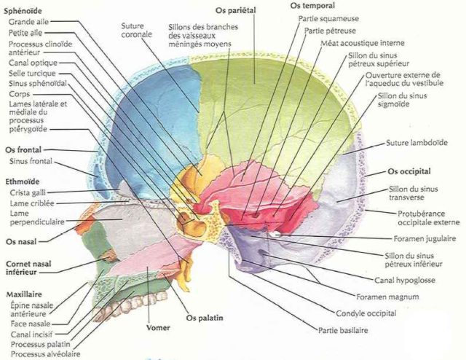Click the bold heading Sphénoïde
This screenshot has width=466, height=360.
(23, 11)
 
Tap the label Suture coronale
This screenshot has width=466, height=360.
(136, 30)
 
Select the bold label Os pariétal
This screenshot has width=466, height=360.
(236, 10)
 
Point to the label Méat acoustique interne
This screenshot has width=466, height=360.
(363, 43)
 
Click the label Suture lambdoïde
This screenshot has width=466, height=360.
(416, 143)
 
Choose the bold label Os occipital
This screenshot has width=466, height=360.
(409, 171)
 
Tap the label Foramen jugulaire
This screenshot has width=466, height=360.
(424, 238)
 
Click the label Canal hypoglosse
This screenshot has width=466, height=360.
(405, 280)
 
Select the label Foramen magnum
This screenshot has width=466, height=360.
(387, 297)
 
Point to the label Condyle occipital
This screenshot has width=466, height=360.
(366, 313)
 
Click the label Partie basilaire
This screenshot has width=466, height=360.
(343, 330)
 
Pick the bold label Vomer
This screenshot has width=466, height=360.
(158, 327)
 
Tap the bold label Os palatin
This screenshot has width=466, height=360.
(205, 318)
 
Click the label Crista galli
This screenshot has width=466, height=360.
(28, 193)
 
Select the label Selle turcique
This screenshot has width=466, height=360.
(32, 73)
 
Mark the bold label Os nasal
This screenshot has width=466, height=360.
(21, 242)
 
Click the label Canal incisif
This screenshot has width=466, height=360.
(31, 334)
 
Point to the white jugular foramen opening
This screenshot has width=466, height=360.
(275, 234)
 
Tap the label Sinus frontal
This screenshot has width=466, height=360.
(31, 161)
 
